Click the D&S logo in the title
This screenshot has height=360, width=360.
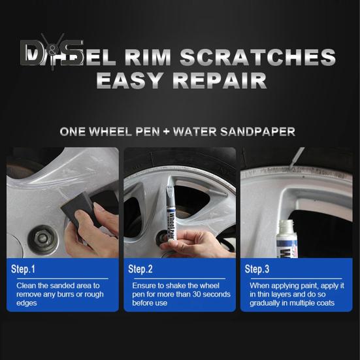click(x=52, y=52)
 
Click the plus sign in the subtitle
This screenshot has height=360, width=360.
click(x=167, y=131)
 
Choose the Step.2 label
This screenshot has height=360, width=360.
click(x=140, y=269)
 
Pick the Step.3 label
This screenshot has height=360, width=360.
click(x=257, y=269)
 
